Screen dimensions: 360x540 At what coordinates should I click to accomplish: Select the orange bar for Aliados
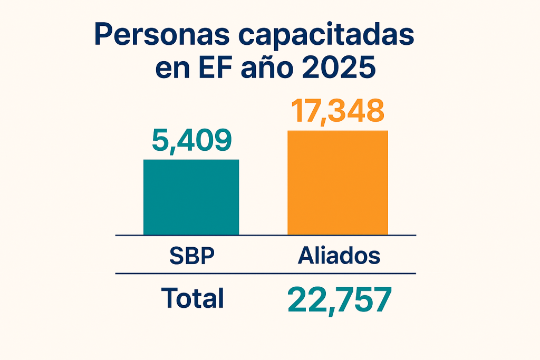click(337, 182)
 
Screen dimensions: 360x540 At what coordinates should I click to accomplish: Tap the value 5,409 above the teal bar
click(191, 140)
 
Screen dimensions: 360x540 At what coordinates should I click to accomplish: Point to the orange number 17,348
click(337, 111)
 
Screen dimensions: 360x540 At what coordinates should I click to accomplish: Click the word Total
click(192, 298)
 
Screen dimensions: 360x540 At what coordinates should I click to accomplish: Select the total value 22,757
click(339, 300)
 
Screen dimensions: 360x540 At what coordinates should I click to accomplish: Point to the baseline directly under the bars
click(266, 235)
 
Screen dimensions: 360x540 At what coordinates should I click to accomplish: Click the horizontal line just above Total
click(266, 274)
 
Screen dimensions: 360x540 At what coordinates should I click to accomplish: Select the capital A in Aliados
click(306, 256)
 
